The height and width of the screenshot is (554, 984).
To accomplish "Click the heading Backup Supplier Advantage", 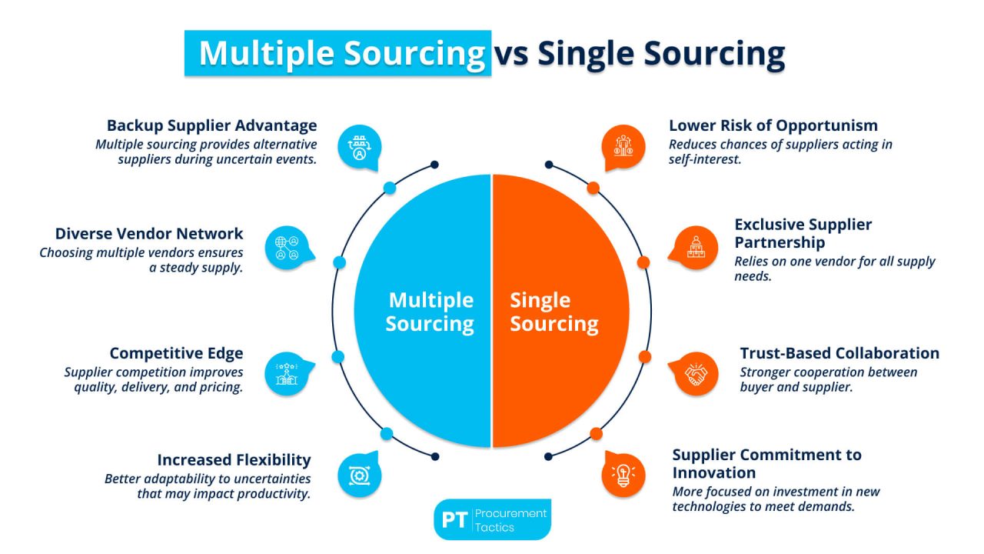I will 211,125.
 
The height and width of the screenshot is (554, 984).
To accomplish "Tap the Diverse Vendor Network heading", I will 149,234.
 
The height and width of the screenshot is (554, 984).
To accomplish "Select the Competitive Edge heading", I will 176,353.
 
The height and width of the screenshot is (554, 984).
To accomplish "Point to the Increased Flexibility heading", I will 234,460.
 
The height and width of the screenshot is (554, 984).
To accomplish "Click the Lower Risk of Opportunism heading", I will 773,125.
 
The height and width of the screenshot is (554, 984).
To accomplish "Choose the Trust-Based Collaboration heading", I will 839,353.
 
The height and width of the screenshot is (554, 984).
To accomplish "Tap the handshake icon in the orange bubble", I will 696,375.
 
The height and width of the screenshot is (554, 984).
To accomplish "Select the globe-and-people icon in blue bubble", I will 286,247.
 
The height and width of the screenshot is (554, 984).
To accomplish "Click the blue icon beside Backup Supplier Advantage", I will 359,146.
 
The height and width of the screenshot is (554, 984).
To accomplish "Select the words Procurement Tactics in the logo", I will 510,519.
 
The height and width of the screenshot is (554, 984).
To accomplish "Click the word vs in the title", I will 512,54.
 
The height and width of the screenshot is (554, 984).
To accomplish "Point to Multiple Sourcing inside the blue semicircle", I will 430,312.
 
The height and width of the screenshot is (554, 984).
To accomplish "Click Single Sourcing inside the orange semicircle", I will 553,312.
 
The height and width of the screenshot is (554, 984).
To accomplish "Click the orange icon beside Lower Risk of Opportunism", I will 622,146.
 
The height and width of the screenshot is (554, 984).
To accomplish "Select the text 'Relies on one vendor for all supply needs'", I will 835,269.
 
